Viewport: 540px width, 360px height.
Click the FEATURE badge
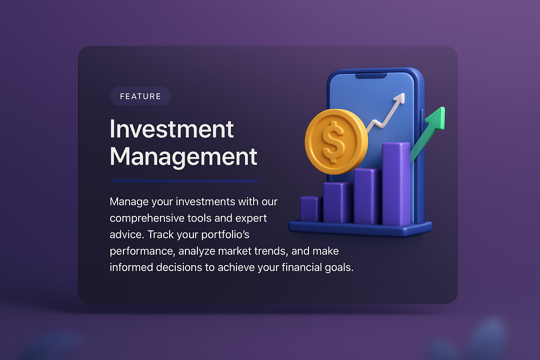point(140,96)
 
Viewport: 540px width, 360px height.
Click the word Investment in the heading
point(172,129)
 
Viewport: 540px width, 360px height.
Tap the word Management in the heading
point(184,156)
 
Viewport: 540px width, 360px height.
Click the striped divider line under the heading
point(184,181)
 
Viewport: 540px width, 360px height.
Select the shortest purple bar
point(311,209)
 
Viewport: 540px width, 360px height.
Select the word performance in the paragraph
point(141,251)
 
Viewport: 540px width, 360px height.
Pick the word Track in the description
point(161,234)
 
